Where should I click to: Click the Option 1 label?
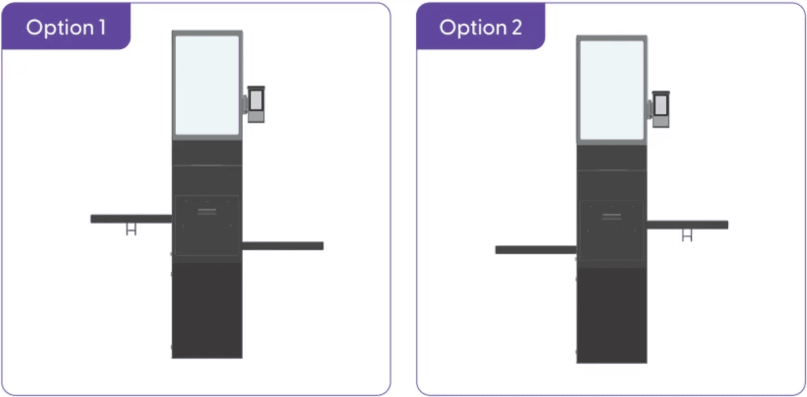click(66, 27)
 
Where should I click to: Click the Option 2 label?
click(480, 27)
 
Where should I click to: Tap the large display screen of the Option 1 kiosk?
click(207, 85)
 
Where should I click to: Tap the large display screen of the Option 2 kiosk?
click(611, 90)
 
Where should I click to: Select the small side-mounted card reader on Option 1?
click(255, 104)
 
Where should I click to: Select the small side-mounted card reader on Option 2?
click(660, 109)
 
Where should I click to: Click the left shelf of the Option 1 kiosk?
click(131, 218)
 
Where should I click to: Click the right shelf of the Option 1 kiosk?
click(283, 246)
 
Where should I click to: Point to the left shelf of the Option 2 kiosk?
click(536, 250)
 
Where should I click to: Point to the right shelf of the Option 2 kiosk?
click(687, 225)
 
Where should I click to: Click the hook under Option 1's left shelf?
click(131, 229)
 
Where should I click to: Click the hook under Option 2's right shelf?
click(687, 235)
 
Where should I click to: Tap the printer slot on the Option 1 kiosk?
click(207, 212)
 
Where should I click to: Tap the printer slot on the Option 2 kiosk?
click(611, 216)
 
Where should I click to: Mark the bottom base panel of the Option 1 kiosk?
click(207, 310)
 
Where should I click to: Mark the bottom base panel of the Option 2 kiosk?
click(611, 315)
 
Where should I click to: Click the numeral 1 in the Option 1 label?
click(102, 27)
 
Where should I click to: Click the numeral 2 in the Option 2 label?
click(517, 27)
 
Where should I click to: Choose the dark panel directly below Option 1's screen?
click(207, 152)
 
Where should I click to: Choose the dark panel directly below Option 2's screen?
click(611, 157)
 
